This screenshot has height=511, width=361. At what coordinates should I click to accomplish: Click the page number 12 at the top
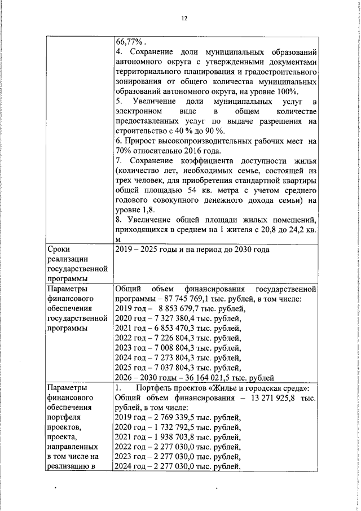pyautogui.click(x=184, y=19)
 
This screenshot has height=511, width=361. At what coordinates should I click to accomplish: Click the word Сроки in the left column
pyautogui.click(x=60, y=250)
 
